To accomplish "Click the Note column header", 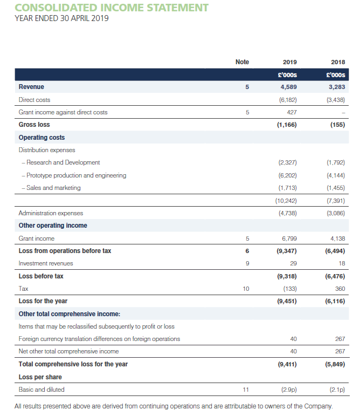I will (243, 62).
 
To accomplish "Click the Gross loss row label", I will (34, 125).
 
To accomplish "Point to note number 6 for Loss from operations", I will (247, 250).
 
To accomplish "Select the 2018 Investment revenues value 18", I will (341, 263).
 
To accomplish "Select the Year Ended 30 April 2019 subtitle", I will (63, 19).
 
